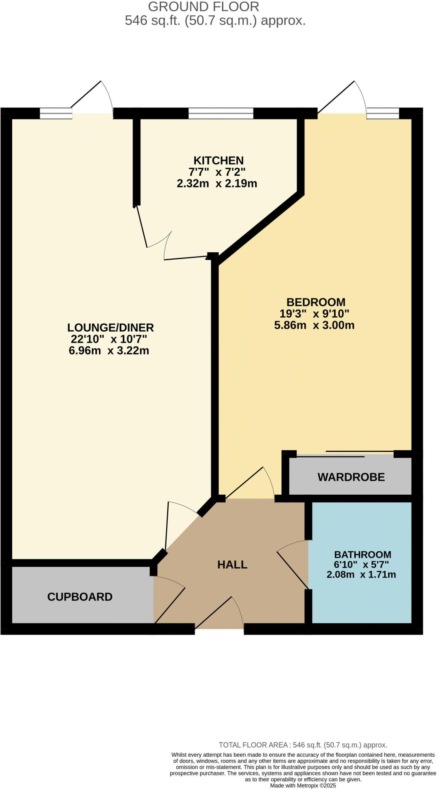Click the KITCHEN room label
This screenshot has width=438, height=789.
coord(218,160)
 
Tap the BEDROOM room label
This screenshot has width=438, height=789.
coord(316,302)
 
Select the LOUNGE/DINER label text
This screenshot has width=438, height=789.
coord(110,327)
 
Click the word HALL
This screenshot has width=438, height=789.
coord(232,564)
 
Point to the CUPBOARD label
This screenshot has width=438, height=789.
coord(80,597)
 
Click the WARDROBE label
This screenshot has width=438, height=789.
coord(351,477)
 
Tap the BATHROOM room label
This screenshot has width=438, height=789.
coord(362,555)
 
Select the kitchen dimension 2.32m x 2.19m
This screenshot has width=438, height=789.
coord(217,183)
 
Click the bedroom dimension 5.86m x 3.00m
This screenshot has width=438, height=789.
coord(314,325)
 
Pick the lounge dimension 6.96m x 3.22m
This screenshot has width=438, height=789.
coord(109,351)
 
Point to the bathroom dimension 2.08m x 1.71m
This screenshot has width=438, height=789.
coord(361,575)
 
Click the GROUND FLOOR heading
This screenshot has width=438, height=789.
coord(204,7)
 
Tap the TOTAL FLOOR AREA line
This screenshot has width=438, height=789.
coord(303,745)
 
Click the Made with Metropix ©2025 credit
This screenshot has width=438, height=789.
coord(303,786)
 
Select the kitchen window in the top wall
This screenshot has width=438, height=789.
coord(221,113)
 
